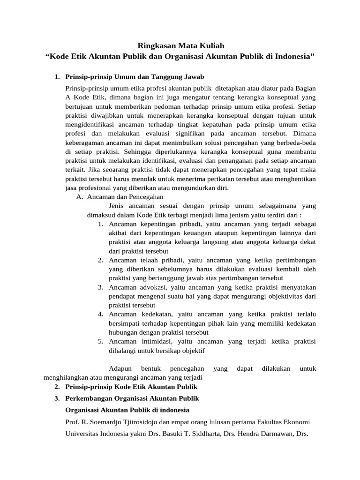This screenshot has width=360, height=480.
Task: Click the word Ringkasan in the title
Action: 153,45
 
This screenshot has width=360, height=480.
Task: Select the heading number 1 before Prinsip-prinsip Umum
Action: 56,76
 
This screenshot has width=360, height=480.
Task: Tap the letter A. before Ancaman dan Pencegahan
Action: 80,197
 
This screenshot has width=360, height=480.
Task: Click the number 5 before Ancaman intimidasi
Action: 101,341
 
